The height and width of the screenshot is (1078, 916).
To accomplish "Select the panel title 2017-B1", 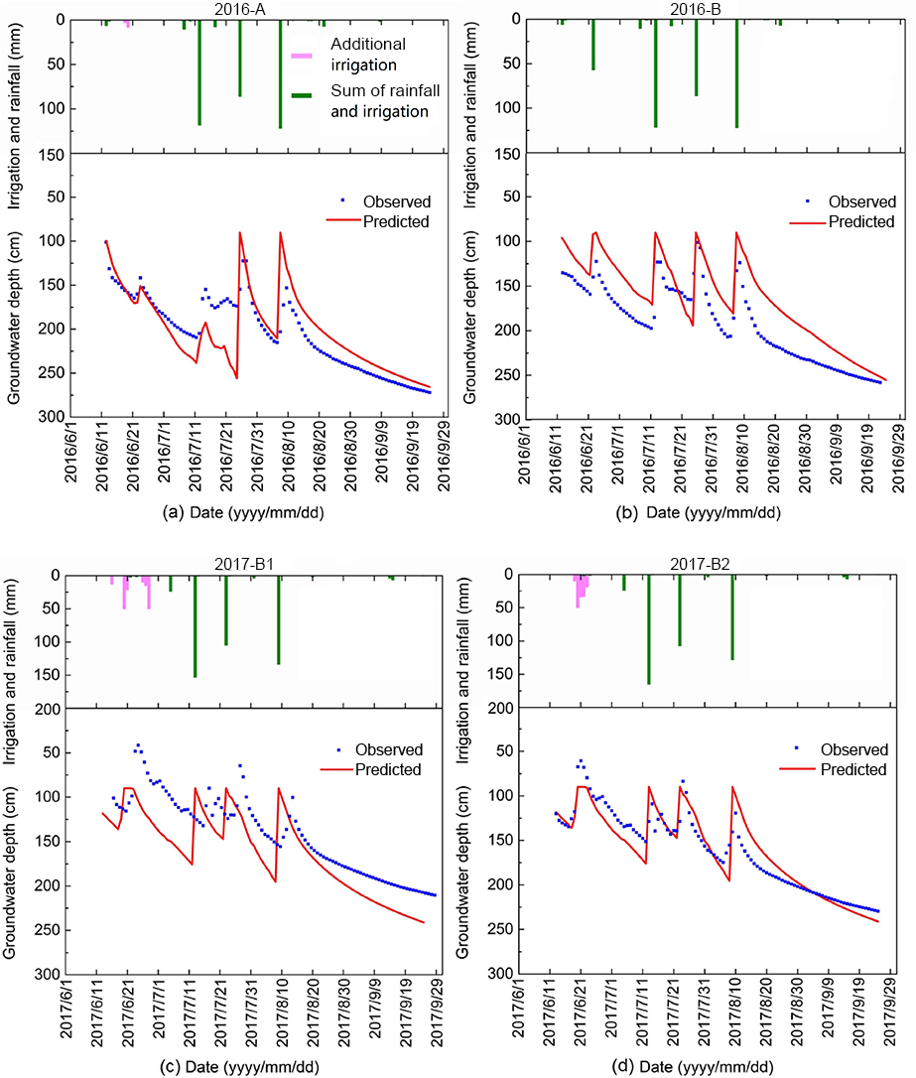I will tap(245, 565).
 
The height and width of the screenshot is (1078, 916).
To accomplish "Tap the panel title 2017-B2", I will tap(702, 565).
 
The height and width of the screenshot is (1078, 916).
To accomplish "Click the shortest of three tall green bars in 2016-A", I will tap(239, 60).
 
